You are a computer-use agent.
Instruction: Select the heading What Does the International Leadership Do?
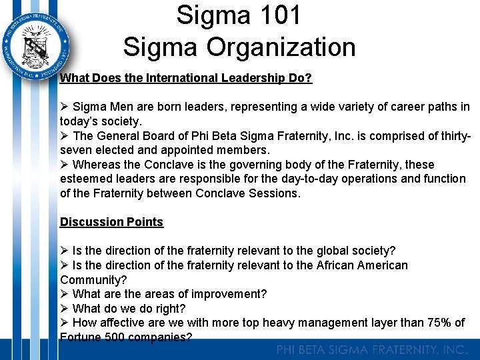[x=186, y=78]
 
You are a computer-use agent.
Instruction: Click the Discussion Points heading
[x=111, y=222]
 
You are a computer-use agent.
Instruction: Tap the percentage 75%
[x=438, y=323]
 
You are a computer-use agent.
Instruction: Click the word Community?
[x=93, y=280]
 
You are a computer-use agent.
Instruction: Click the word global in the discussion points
[x=333, y=251]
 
